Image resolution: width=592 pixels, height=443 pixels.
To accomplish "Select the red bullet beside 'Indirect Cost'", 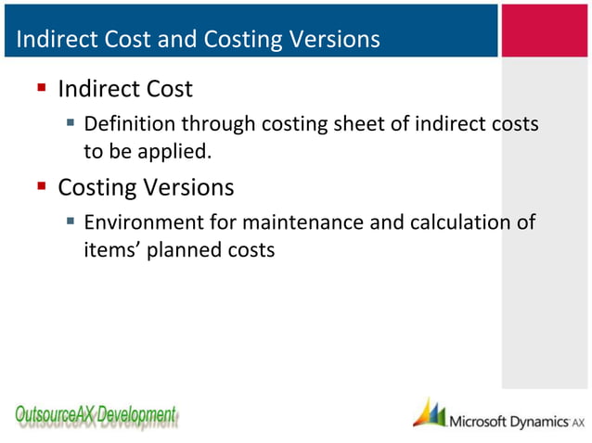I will pos(42,90).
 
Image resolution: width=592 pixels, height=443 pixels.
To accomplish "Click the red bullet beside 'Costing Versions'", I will pos(42,188).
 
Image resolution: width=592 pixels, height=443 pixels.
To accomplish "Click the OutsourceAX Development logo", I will pos(96,415).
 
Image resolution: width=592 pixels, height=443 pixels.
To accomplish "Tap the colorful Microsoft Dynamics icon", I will pos(429,413).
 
